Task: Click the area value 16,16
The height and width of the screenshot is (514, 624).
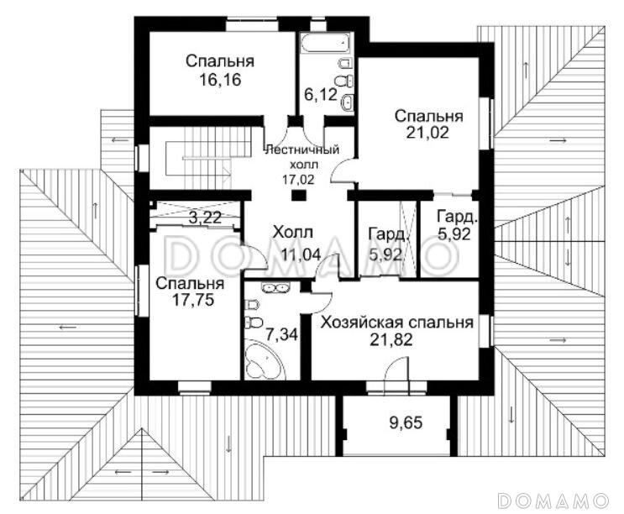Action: pos(220,80)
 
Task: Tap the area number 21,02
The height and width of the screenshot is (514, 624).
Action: pos(427,132)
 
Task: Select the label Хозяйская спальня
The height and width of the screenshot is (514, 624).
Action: pos(397,323)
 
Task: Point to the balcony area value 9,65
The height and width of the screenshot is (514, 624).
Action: pos(406,422)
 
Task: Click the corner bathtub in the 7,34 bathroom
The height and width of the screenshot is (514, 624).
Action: pos(264,359)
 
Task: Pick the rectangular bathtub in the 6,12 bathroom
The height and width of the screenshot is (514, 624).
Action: pos(326,42)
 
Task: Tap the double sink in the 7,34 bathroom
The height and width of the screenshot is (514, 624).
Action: pos(274,287)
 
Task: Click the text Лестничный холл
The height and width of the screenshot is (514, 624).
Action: pos(302,157)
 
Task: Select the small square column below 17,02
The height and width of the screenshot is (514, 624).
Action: pos(298,195)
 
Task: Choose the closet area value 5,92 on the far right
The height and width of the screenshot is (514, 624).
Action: pos(454,234)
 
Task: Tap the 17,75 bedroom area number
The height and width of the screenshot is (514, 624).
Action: pos(193,300)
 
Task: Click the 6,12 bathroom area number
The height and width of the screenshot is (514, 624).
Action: pos(321,95)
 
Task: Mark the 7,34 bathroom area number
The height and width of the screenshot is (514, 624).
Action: pos(281,334)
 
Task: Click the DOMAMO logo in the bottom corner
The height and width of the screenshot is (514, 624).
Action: pos(553,500)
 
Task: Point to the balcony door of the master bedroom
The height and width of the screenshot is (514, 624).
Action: pos(396,370)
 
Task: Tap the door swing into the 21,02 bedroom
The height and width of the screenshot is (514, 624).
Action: pos(343,169)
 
